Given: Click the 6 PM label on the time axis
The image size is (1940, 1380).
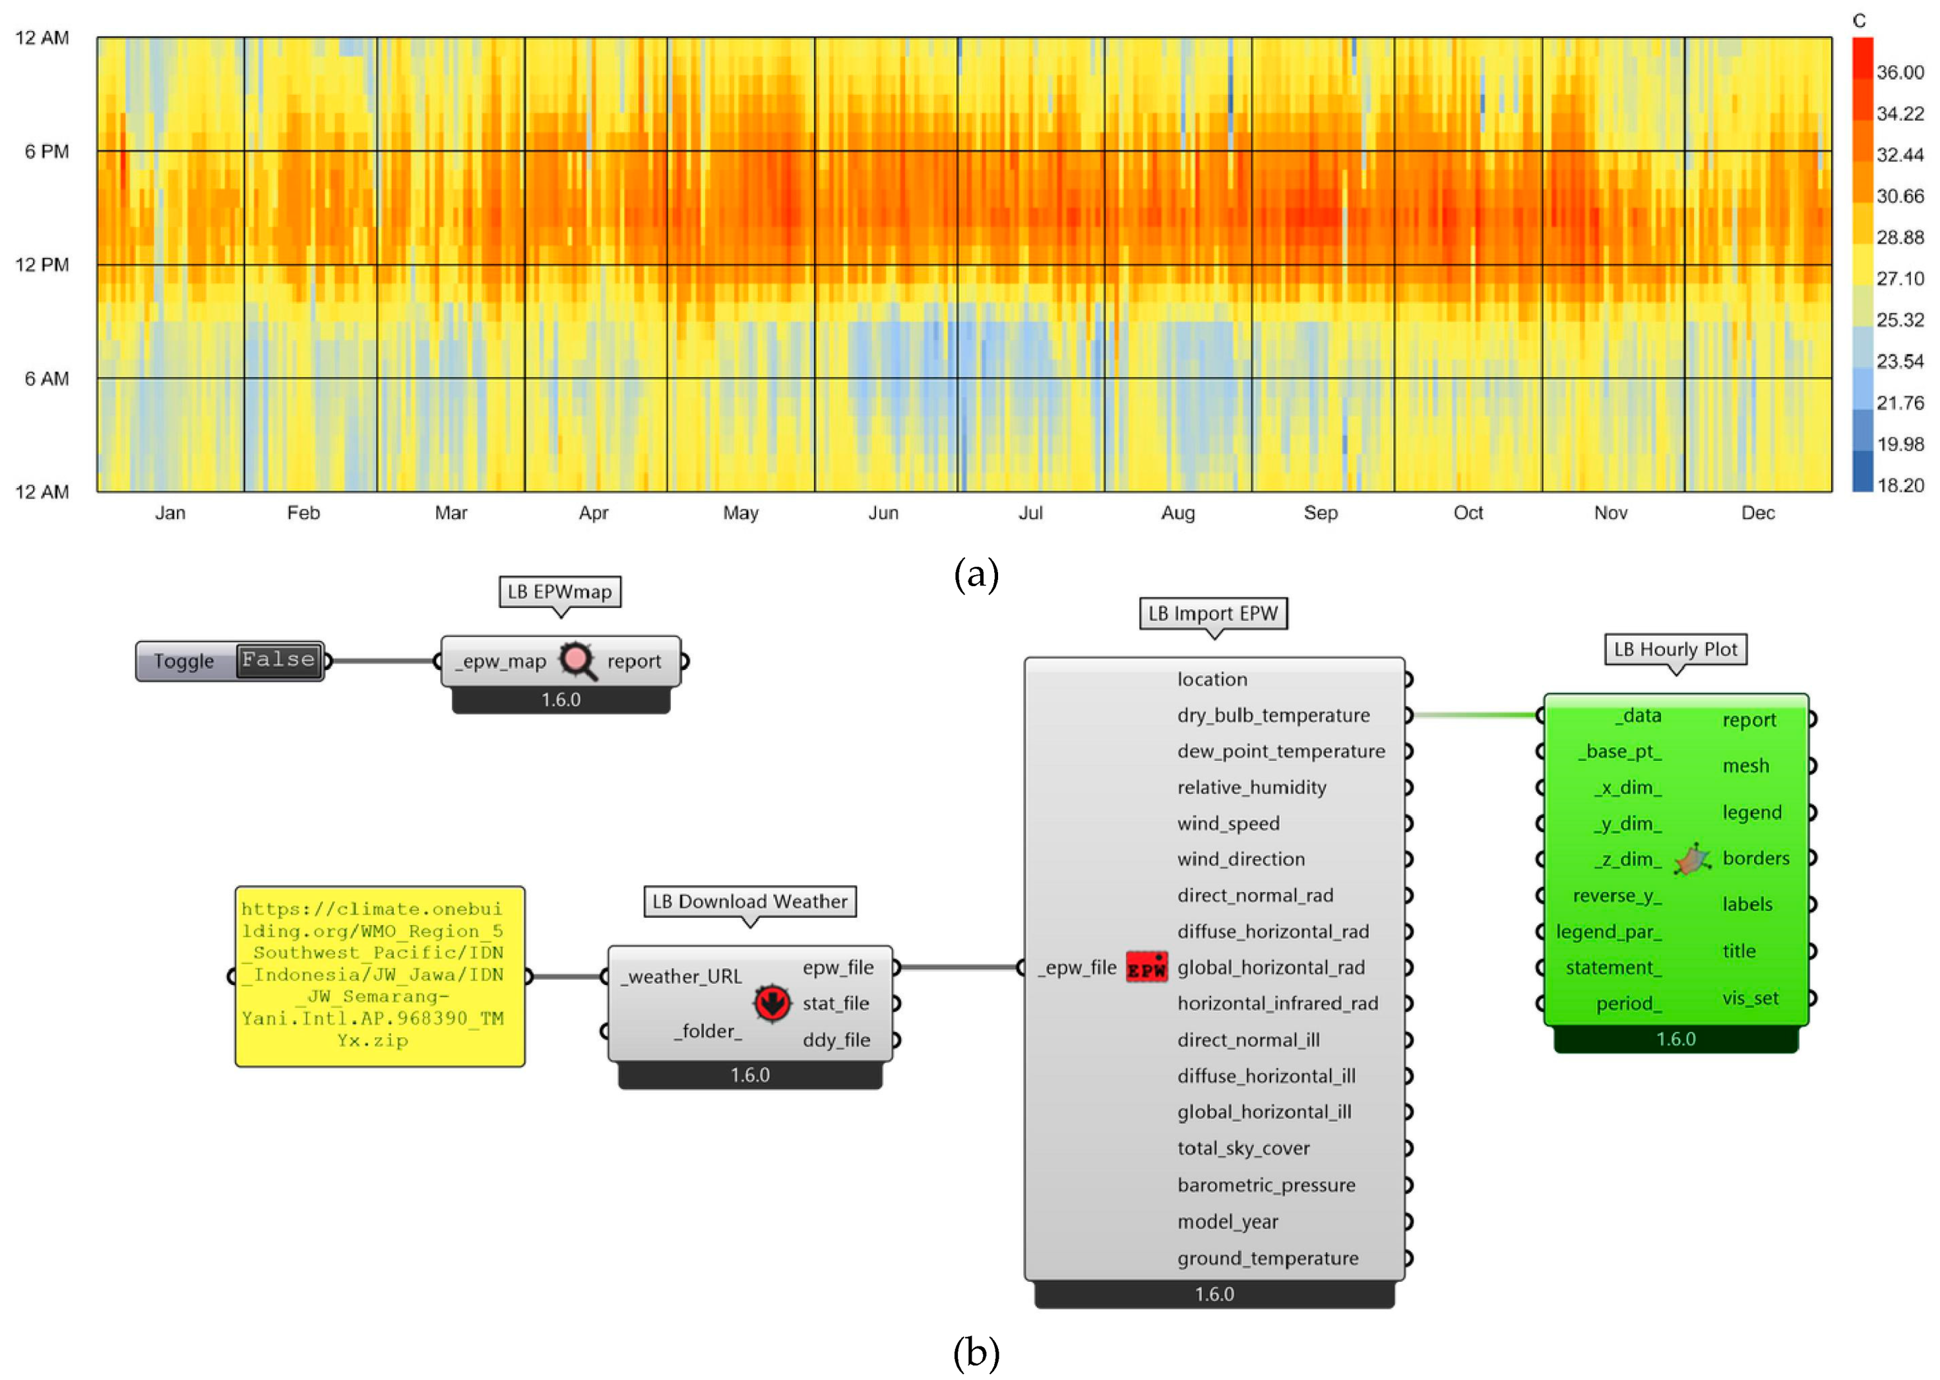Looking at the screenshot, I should click(x=46, y=151).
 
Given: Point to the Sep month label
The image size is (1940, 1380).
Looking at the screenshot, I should click(x=1320, y=512).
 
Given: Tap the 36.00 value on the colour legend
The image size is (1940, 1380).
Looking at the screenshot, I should click(x=1899, y=72).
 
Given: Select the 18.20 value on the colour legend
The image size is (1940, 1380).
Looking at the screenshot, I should click(x=1899, y=485).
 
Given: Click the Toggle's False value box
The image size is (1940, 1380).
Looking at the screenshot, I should click(x=278, y=660).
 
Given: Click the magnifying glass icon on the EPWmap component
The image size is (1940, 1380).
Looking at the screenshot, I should click(x=577, y=660).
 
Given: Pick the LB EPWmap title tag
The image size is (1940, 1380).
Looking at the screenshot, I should click(x=559, y=591).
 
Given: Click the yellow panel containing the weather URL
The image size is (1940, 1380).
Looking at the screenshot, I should click(x=379, y=975).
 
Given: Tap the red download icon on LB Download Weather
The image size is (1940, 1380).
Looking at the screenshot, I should click(x=771, y=1004).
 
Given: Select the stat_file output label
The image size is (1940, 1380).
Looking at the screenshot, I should click(x=835, y=1004).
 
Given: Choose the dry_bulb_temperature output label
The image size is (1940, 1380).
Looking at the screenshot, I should click(x=1273, y=715).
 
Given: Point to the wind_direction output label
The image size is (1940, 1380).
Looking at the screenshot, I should click(x=1241, y=859).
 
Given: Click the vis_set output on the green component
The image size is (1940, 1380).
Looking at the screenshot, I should click(x=1750, y=998).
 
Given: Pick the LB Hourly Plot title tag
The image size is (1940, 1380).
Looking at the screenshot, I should click(x=1675, y=649).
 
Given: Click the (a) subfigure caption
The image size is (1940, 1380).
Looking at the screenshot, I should click(x=975, y=574).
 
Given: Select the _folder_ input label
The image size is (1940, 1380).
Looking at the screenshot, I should click(x=708, y=1031).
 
